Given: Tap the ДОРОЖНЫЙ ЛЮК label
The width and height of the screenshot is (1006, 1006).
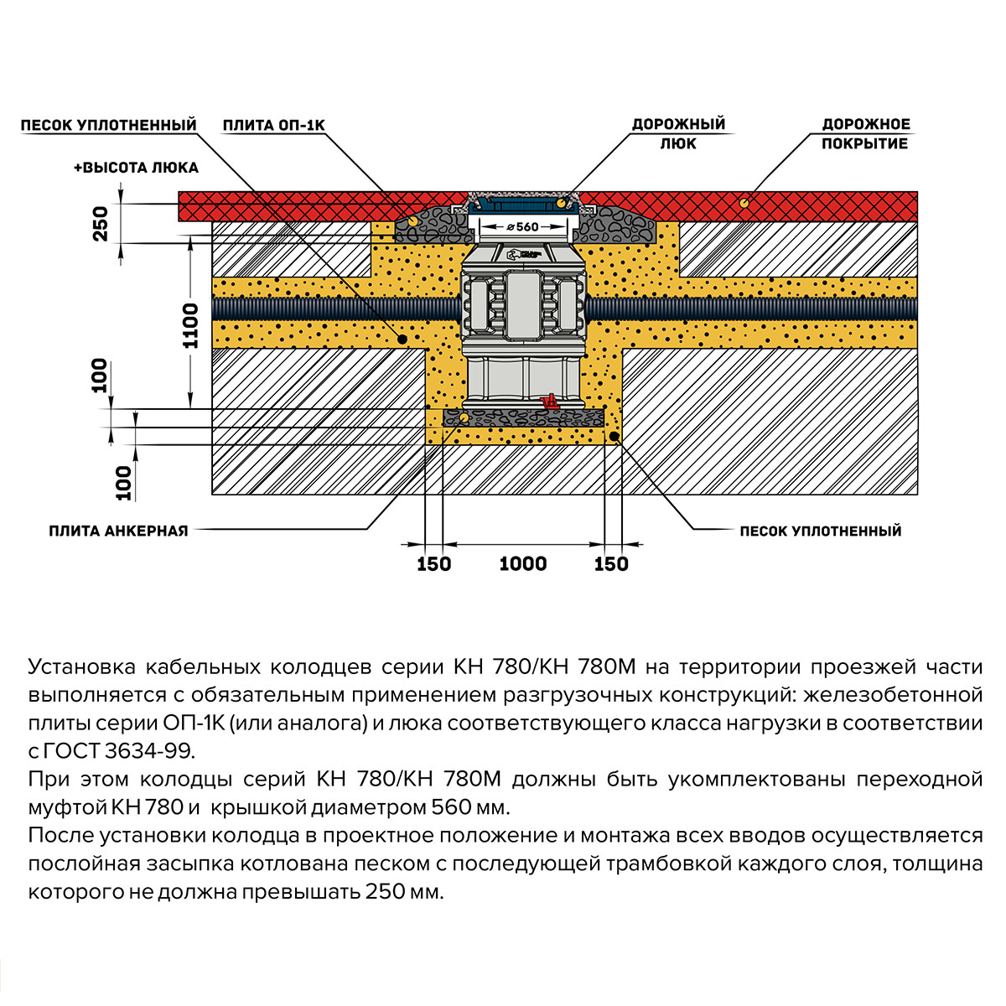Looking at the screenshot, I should pyautogui.click(x=678, y=134).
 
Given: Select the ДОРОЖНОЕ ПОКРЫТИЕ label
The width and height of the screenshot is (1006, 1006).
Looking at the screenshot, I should pyautogui.click(x=865, y=134).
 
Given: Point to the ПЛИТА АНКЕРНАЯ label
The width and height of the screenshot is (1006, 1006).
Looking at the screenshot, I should pyautogui.click(x=118, y=531).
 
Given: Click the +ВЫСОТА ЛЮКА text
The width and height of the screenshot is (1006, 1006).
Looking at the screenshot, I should pyautogui.click(x=136, y=168).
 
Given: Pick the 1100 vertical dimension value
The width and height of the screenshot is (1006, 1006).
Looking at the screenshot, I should pyautogui.click(x=191, y=326).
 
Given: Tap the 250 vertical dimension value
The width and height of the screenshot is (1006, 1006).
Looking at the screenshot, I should pyautogui.click(x=101, y=223).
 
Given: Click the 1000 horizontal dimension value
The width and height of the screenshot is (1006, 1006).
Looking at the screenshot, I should pyautogui.click(x=523, y=564).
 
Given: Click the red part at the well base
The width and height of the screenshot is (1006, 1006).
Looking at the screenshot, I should pyautogui.click(x=551, y=402).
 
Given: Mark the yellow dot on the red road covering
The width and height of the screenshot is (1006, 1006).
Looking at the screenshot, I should pyautogui.click(x=744, y=202).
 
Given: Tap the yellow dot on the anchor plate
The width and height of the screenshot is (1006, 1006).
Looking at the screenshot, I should pyautogui.click(x=463, y=417).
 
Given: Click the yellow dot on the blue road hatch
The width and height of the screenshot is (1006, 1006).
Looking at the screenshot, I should pyautogui.click(x=560, y=204).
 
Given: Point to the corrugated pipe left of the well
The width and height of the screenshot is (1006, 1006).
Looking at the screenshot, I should pyautogui.click(x=335, y=309).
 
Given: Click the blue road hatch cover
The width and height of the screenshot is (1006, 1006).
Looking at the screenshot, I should pyautogui.click(x=520, y=203).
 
